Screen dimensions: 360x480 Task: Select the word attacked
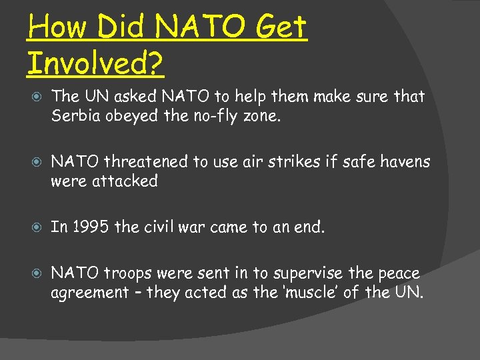(x=125, y=181)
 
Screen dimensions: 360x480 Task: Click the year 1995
(x=89, y=227)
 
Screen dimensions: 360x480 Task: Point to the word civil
(x=160, y=227)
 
